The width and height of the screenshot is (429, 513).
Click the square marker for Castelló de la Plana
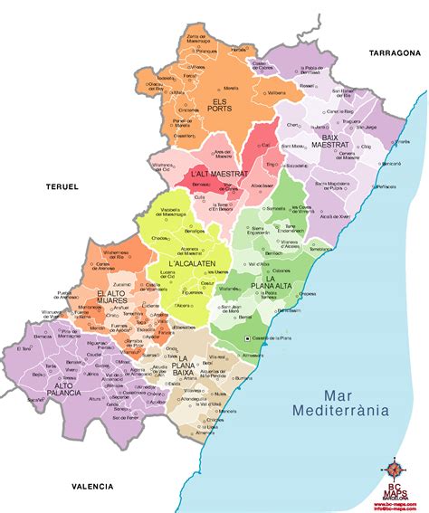tap(250, 338)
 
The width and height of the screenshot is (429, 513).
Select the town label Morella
tap(231, 89)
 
